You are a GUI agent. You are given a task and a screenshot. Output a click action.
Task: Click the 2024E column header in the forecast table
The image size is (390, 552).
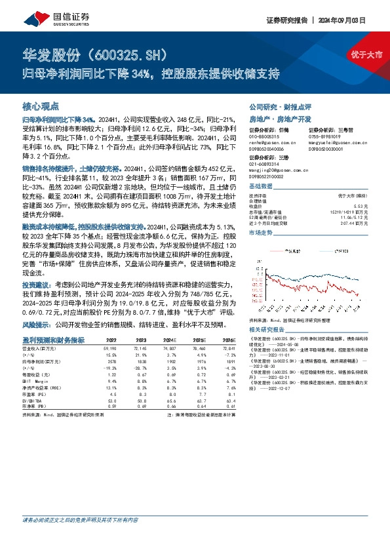coord(171,340)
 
